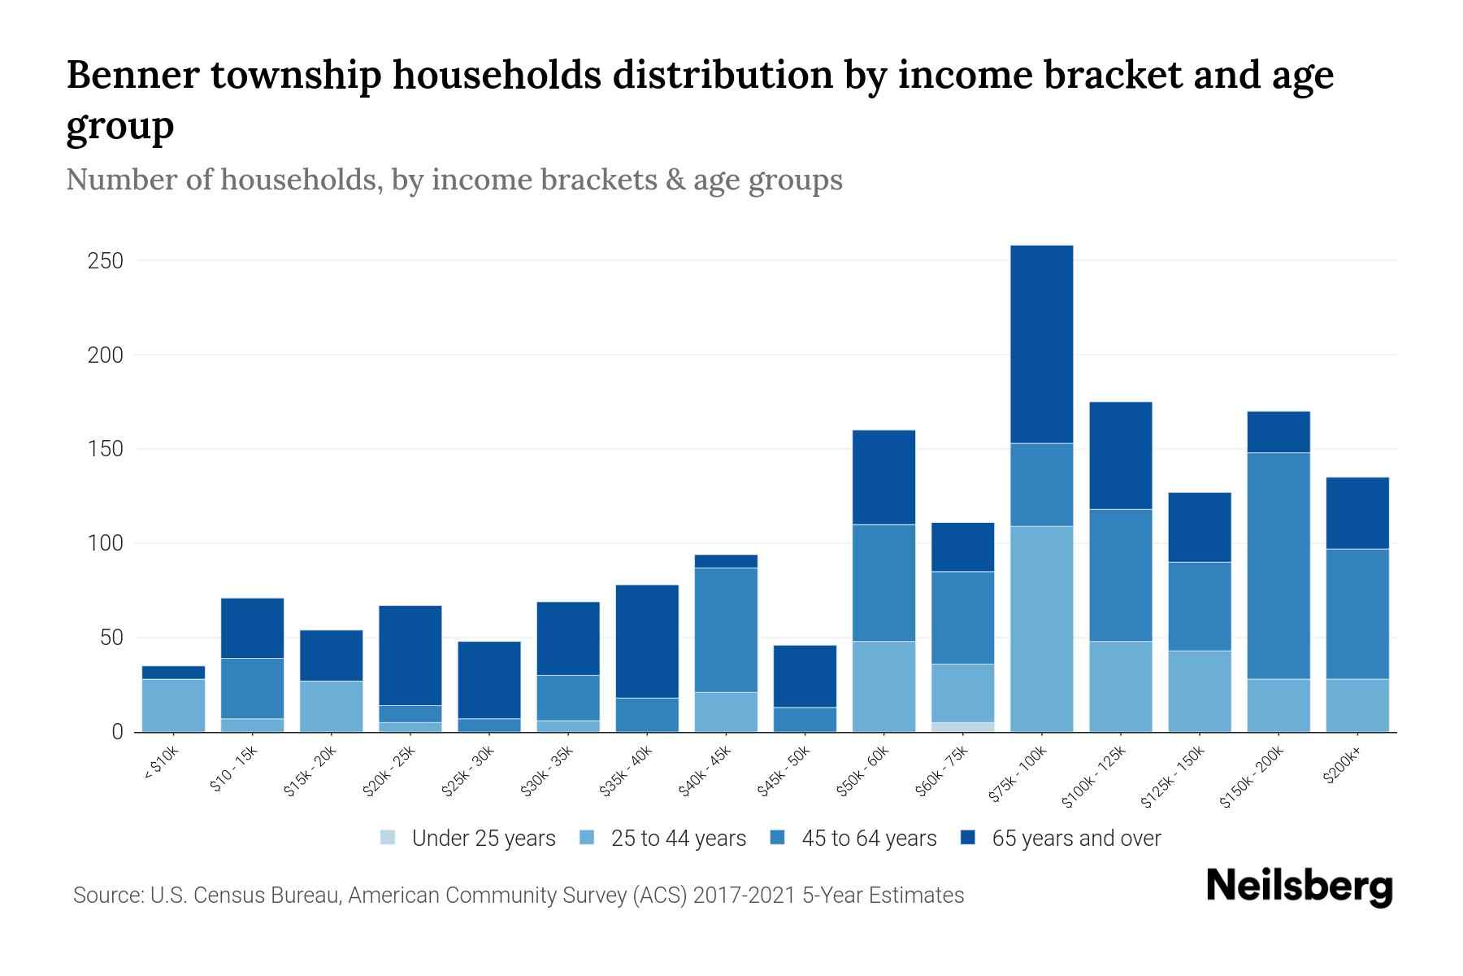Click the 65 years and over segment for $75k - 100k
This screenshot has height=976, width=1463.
pos(1041,344)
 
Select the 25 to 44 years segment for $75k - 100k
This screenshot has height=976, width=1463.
pos(1041,629)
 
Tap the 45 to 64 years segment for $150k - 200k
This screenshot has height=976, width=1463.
pos(1278,565)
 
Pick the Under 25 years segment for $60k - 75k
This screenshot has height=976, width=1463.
pos(962,727)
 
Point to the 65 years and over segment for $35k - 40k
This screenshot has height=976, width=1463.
pos(647,641)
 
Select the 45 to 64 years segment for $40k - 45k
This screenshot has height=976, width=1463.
pos(726,630)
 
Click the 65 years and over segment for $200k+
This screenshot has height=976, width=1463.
pos(1357,513)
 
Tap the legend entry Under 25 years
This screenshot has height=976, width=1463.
pos(483,839)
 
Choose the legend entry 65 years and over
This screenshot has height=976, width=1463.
pos(1075,839)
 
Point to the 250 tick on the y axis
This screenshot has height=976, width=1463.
pos(106,261)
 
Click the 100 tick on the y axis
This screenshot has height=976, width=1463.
pos(106,543)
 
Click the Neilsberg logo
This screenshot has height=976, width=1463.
pos(1299,887)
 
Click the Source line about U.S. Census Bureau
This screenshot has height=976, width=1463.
pos(519,895)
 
